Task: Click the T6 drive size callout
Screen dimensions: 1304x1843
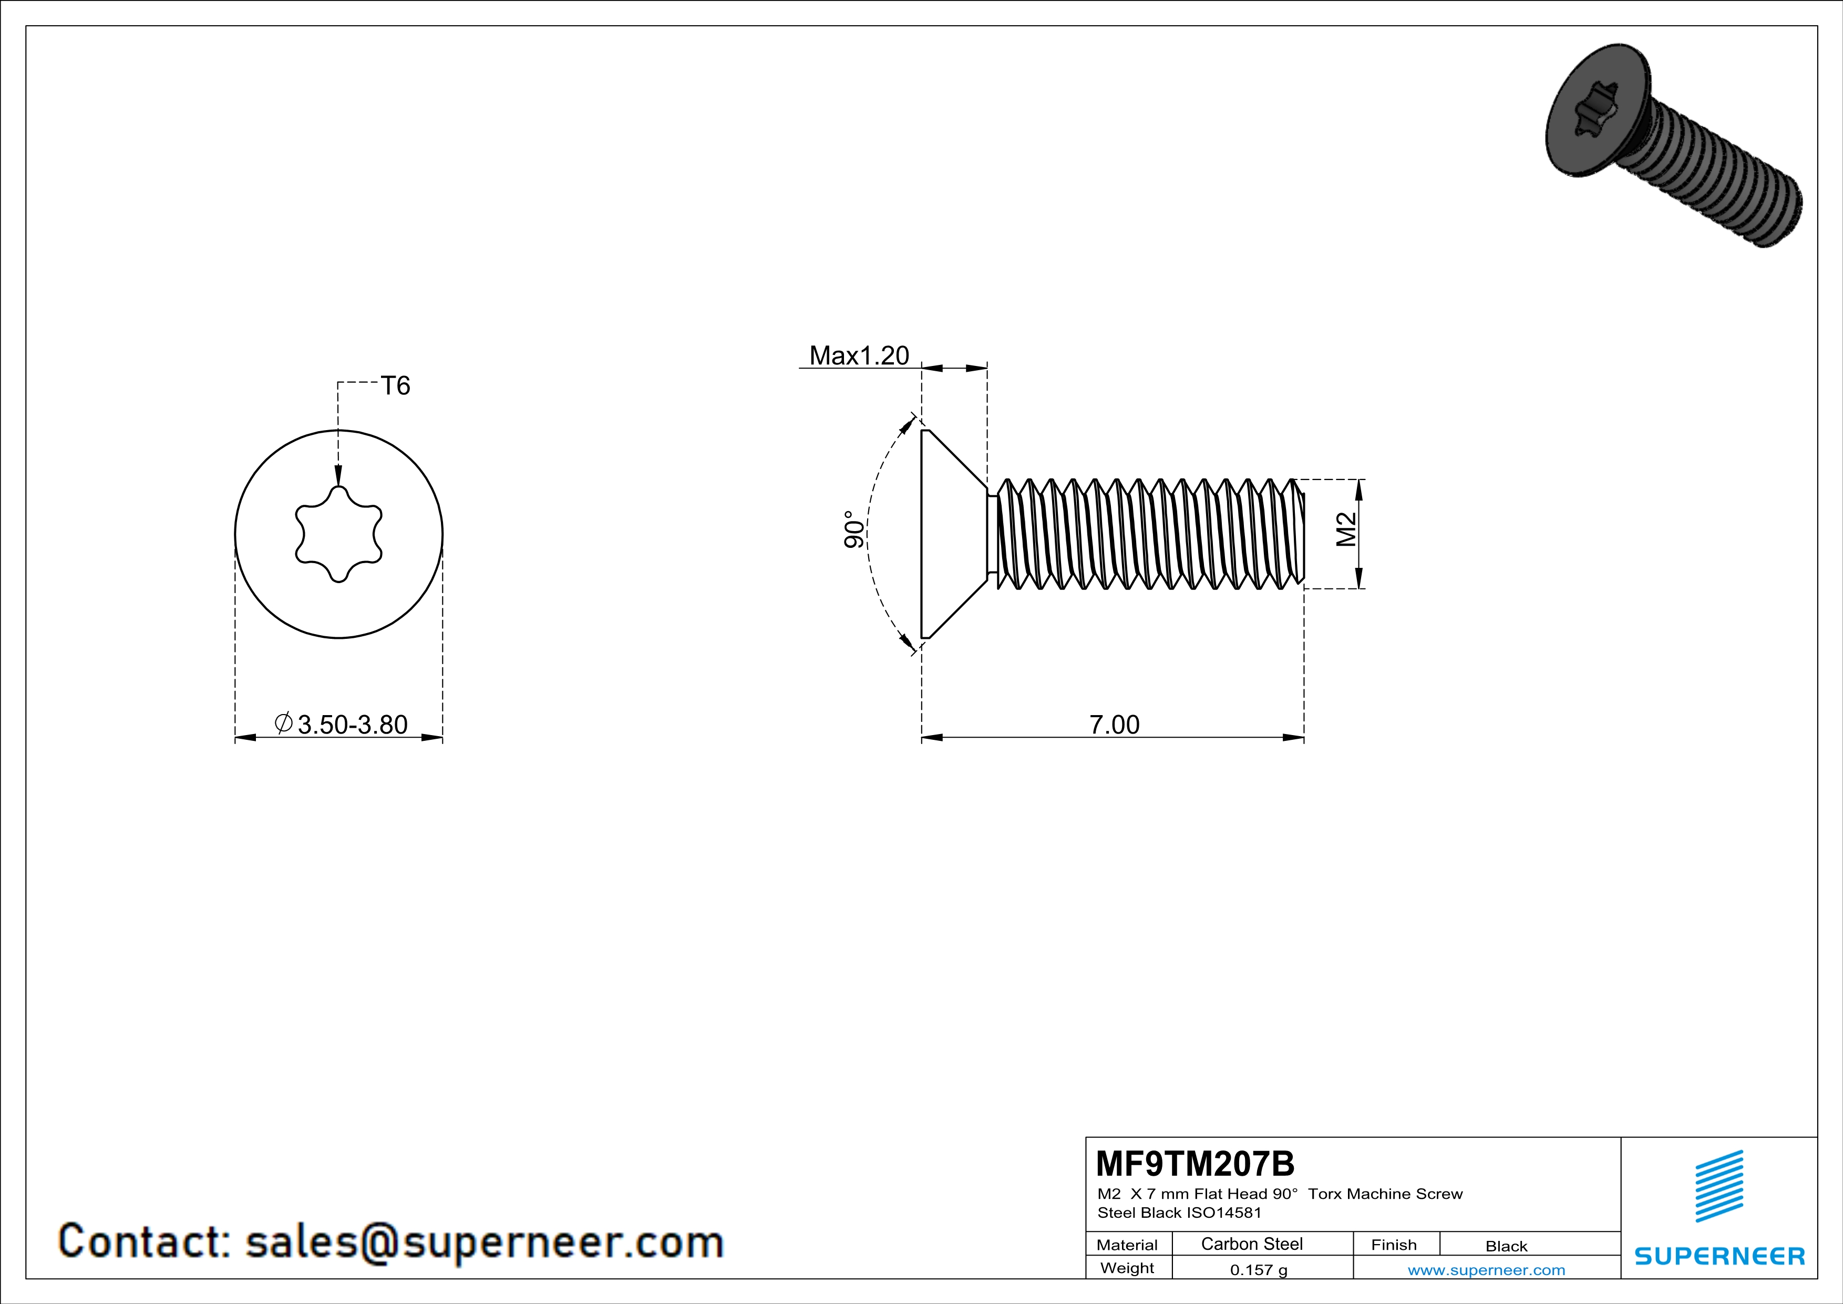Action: [395, 386]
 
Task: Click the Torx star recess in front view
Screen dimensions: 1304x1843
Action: [339, 534]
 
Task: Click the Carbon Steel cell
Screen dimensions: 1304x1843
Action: [1251, 1244]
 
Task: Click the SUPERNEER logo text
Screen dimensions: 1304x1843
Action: [1720, 1256]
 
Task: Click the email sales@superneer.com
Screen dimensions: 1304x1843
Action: [484, 1241]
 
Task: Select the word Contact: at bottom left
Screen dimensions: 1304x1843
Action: [145, 1241]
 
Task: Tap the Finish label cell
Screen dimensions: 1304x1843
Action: [1394, 1245]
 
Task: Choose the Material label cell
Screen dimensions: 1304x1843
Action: [1127, 1245]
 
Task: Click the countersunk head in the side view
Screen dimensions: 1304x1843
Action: [951, 534]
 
